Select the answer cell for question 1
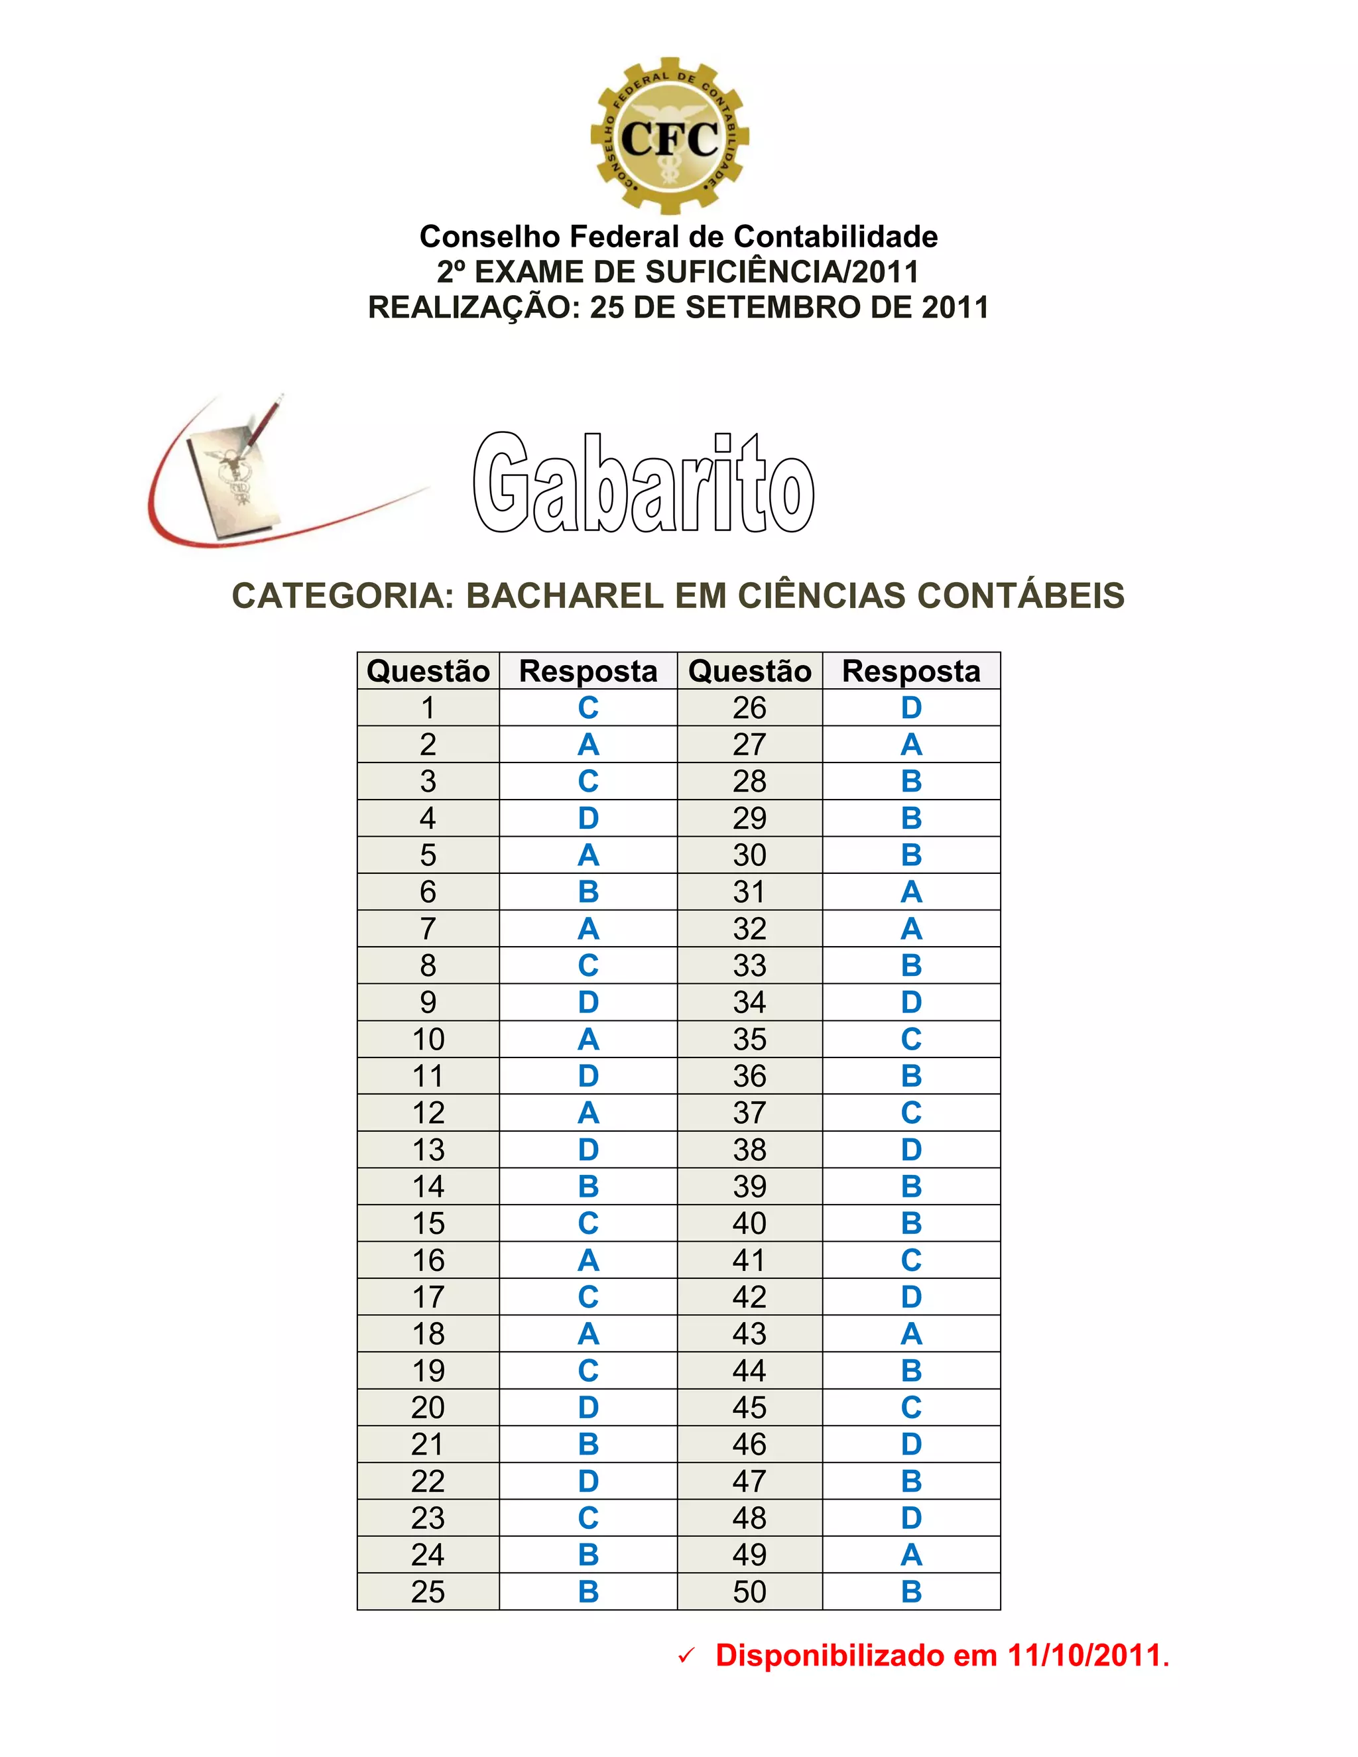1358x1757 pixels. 588,708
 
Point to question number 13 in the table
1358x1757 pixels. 428,1150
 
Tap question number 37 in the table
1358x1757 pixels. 749,1113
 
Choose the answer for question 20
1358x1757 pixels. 588,1407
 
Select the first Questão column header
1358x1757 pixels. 428,671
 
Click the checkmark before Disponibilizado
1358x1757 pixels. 686,1656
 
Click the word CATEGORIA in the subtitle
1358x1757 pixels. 343,596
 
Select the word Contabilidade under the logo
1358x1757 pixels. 836,237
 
